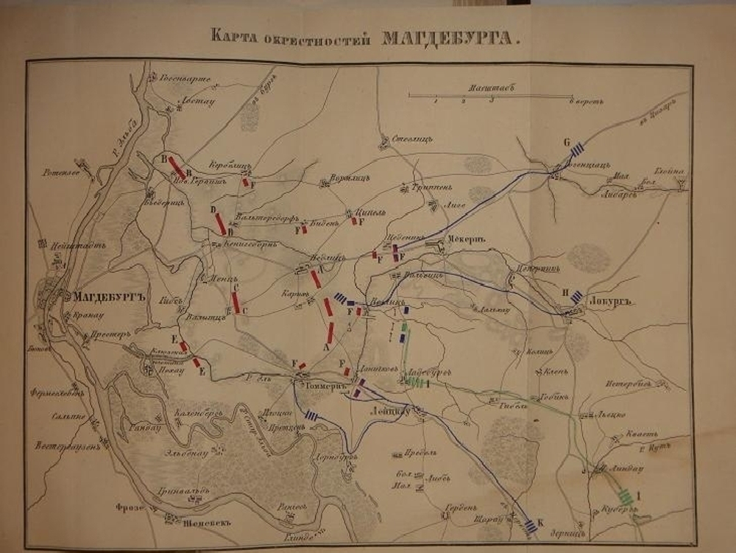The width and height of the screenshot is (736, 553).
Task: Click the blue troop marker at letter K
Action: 529,526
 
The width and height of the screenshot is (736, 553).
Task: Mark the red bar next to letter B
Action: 176,166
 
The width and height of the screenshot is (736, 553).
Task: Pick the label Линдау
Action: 621,468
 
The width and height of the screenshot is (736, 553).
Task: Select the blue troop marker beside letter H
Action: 576,296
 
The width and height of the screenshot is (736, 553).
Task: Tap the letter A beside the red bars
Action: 325,348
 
